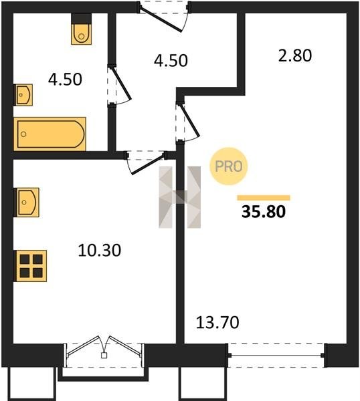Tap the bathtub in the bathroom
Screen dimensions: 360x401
pos(50,134)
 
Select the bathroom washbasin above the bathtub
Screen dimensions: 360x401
pos(24,95)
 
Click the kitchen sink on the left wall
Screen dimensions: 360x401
pos(27,203)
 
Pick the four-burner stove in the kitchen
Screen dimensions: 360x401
pos(31,266)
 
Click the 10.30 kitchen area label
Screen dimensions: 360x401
pos(99,251)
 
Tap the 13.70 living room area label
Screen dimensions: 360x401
pos(217,322)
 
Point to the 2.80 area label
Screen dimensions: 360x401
pos(295,55)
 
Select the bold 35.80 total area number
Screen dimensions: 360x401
pos(264,212)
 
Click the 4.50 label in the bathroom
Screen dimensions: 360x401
pos(65,80)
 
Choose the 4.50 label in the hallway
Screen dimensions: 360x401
pos(171,61)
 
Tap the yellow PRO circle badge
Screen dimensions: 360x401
pos(229,166)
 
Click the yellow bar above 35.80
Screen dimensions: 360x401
pos(264,198)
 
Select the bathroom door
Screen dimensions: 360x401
pos(119,85)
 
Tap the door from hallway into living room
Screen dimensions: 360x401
pos(187,122)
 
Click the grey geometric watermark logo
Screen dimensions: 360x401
pos(180,197)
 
